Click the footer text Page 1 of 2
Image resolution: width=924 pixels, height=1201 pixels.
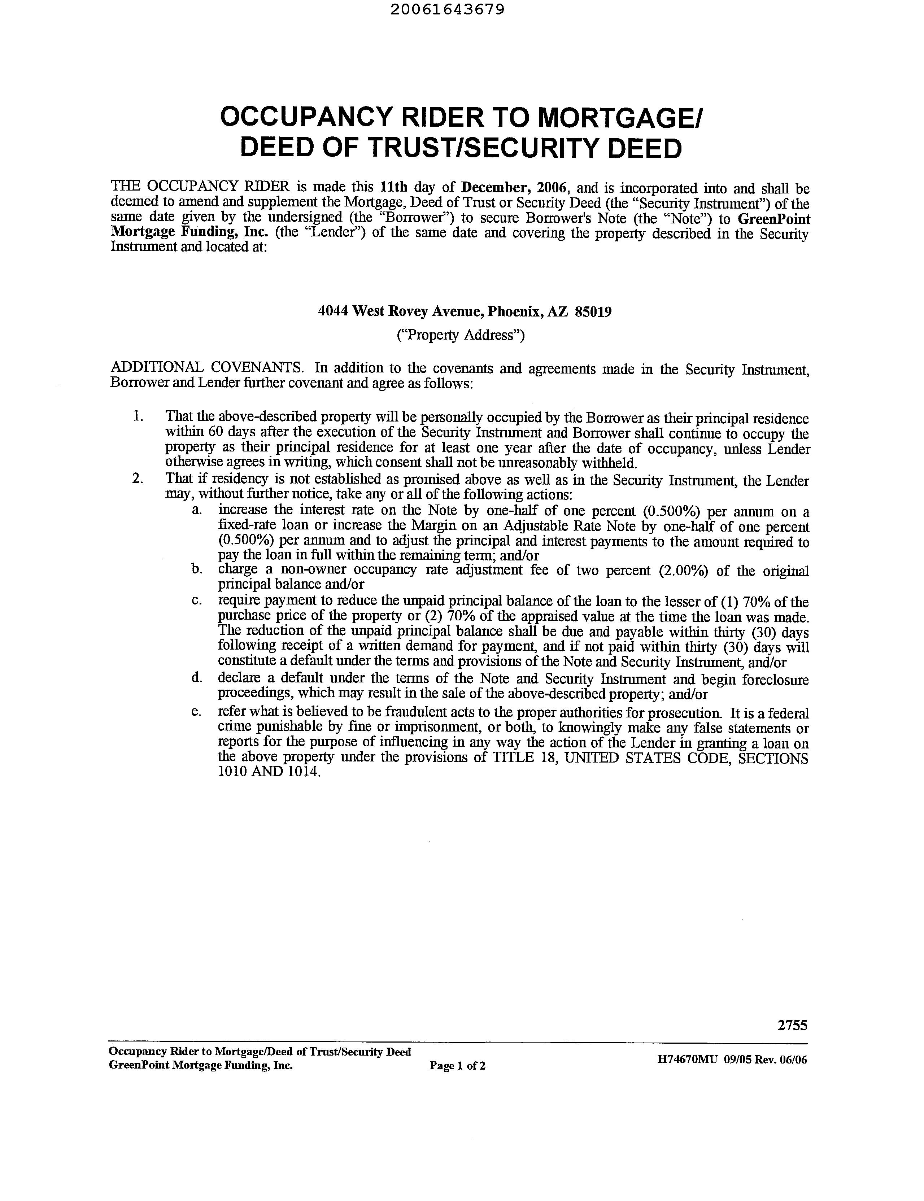pos(458,1066)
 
